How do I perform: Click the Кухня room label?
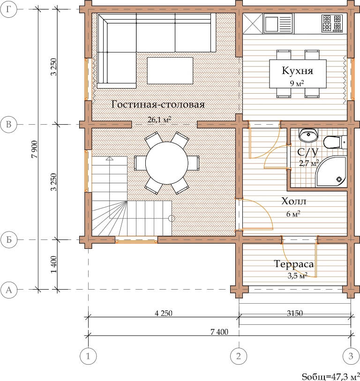[x=297, y=71]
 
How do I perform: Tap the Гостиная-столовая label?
[x=158, y=105]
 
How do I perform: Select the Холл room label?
[x=293, y=201]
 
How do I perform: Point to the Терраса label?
[x=293, y=264]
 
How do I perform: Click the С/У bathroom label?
[x=307, y=152]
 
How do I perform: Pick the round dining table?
[x=167, y=163]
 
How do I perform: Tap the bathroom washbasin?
[x=308, y=135]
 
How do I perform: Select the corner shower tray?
[x=331, y=172]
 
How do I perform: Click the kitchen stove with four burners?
[x=332, y=23]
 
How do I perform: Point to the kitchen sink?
[x=278, y=23]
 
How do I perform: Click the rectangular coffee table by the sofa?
[x=170, y=71]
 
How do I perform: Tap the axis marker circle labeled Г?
[x=9, y=9]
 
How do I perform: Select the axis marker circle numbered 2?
[x=239, y=356]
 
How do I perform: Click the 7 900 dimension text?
[x=35, y=149]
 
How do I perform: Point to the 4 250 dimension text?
[x=164, y=313]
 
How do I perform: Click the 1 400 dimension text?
[x=54, y=264]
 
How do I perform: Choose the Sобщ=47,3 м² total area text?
[x=331, y=376]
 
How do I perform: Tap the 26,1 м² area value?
[x=159, y=120]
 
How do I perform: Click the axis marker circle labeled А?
[x=9, y=290]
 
